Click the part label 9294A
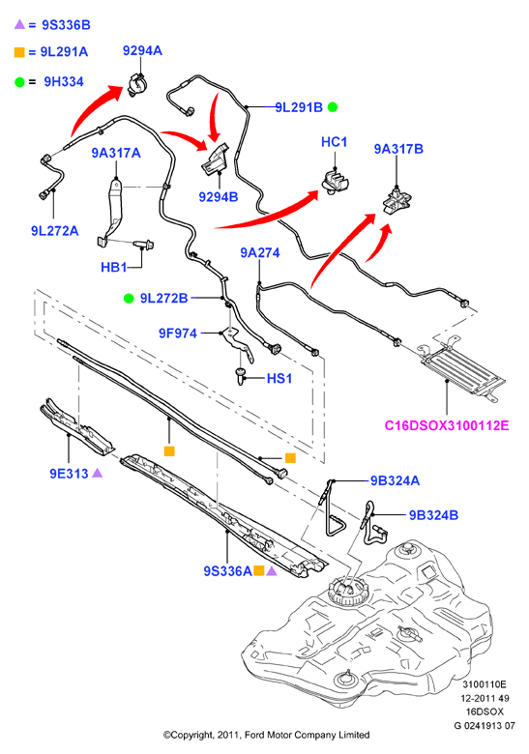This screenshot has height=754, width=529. point(142,50)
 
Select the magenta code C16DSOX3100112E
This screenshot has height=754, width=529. point(447,425)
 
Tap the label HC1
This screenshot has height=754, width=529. point(335,142)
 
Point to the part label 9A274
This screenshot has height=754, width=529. point(260,252)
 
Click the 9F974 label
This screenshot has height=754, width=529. point(178,333)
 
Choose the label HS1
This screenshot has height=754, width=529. point(279,378)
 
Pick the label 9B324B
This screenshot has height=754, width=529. point(434,515)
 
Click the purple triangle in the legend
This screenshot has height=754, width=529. point(19,24)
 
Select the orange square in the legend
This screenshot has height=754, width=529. point(19,52)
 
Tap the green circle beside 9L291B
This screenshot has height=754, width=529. point(333,106)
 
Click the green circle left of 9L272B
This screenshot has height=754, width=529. point(129,298)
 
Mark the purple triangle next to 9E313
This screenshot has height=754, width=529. point(97,473)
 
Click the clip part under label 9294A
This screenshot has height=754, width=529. point(137,85)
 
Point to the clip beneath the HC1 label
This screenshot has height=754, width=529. point(336,182)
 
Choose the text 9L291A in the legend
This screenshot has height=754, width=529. point(64,52)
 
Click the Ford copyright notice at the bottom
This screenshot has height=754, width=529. point(266,735)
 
